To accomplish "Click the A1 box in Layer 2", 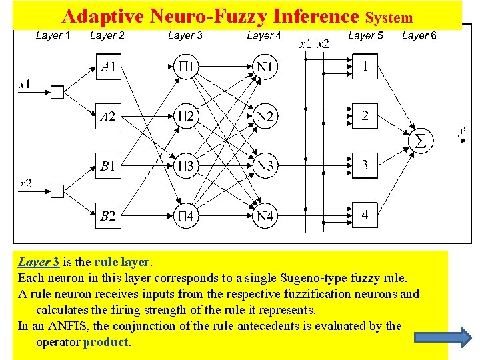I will click(x=108, y=67).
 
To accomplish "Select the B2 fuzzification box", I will click(x=108, y=215).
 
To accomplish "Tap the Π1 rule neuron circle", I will click(x=187, y=67).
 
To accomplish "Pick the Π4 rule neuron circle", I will click(x=187, y=215).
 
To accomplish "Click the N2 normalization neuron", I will click(x=265, y=117).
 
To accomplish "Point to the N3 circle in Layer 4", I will click(x=265, y=165).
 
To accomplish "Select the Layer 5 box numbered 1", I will click(x=365, y=67).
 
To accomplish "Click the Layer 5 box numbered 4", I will click(x=365, y=215).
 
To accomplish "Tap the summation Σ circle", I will click(x=420, y=141).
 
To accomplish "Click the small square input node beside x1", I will click(x=57, y=92).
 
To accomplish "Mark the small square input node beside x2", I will click(x=57, y=191).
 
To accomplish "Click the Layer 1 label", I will click(x=53, y=35).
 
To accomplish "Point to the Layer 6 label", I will click(x=419, y=35).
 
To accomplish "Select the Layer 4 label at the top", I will click(x=264, y=35).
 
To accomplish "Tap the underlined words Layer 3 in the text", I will click(x=38, y=262).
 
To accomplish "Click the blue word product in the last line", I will click(x=106, y=342).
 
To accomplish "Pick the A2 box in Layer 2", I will click(x=108, y=117).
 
